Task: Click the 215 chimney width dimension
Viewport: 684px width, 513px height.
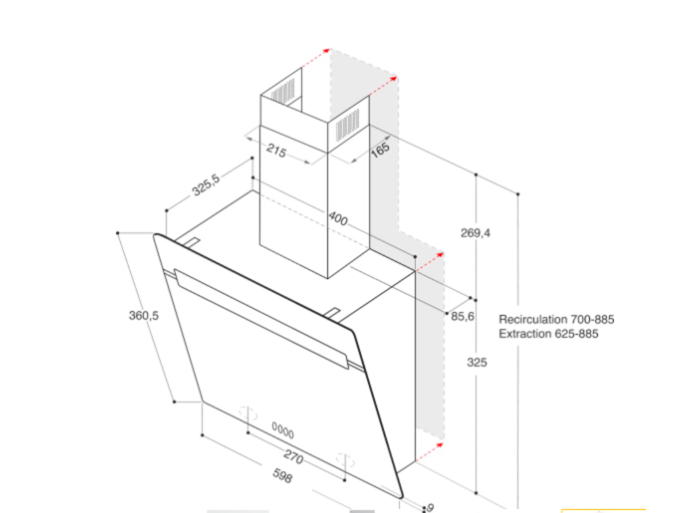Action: point(277,151)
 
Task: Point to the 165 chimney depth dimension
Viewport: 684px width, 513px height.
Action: point(380,150)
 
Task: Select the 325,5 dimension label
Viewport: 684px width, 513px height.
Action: point(206,185)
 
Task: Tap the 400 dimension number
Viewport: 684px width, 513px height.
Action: point(338,218)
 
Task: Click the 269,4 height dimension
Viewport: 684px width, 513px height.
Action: point(476,233)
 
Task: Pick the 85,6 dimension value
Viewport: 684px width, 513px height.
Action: point(462,316)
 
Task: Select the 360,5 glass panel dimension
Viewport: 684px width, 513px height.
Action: point(144,315)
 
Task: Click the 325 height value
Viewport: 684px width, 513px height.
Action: point(477,362)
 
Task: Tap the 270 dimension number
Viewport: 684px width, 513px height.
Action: point(293,457)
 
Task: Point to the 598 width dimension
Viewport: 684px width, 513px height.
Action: point(283,476)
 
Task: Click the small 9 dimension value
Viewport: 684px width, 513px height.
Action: point(430,508)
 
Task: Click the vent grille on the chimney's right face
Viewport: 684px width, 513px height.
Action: point(347,125)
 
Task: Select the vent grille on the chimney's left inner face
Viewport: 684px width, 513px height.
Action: point(283,92)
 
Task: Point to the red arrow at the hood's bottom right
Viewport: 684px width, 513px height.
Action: point(430,452)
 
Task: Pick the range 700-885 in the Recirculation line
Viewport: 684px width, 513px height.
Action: point(592,319)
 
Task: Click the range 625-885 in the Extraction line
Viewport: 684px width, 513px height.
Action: point(576,334)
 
